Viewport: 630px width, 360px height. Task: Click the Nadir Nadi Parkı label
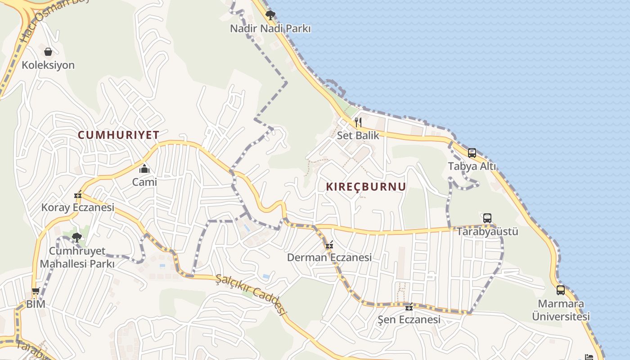click(270, 29)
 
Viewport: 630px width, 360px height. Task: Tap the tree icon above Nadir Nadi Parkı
click(270, 16)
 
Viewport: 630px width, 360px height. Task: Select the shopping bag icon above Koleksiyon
click(48, 52)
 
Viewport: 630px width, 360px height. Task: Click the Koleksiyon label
click(48, 65)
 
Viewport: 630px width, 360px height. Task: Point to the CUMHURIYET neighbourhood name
click(118, 135)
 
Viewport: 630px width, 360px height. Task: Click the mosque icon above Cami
click(144, 169)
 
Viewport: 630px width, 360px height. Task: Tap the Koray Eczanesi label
click(78, 207)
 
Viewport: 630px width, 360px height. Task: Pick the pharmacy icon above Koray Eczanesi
click(78, 195)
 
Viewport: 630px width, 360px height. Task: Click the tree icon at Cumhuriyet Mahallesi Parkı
click(77, 237)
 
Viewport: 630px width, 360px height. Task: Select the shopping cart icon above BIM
click(36, 291)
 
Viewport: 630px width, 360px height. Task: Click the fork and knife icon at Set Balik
click(358, 122)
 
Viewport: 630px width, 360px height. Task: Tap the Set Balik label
click(358, 135)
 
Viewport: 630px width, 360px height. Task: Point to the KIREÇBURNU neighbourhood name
click(365, 187)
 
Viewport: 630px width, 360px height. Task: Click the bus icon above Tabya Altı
click(472, 153)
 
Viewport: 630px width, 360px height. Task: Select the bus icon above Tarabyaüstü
click(487, 218)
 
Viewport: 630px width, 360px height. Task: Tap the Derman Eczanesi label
click(329, 257)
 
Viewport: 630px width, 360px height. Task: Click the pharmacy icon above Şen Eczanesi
click(409, 307)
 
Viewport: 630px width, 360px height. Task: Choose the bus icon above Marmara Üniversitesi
click(561, 290)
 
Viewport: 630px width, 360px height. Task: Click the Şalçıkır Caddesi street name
click(251, 295)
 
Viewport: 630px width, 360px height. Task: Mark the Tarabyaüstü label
click(487, 232)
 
